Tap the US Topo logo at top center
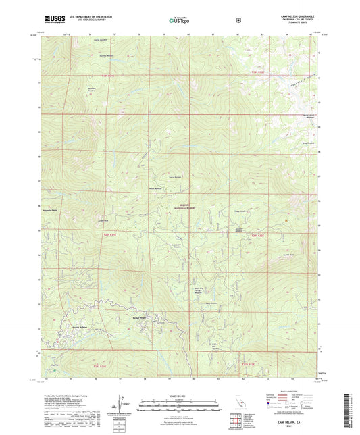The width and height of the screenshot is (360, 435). [178, 20]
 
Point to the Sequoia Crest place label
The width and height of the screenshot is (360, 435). [52, 211]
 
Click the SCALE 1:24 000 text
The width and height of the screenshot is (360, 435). [180, 396]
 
